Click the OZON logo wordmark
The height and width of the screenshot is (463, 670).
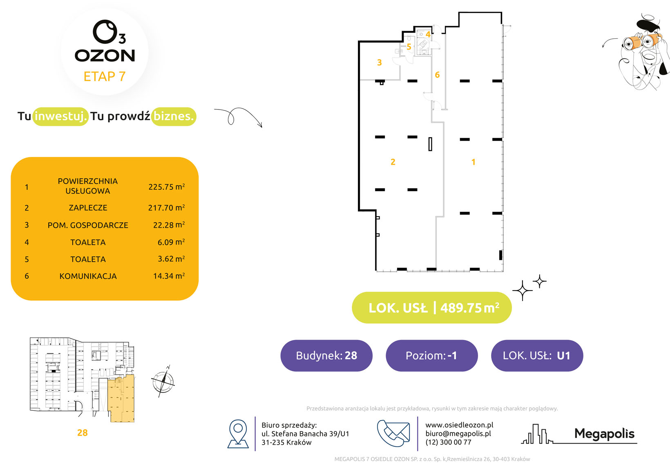click(x=105, y=56)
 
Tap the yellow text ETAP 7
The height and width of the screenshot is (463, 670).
click(x=105, y=76)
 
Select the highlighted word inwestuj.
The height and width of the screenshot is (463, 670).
click(x=60, y=116)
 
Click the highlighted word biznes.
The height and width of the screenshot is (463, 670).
click(x=174, y=116)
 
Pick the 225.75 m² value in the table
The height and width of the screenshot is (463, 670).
click(x=167, y=187)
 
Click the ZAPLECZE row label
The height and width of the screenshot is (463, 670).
click(x=88, y=208)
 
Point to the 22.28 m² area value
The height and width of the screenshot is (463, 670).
click(x=169, y=225)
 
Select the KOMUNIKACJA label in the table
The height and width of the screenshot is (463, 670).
click(x=88, y=276)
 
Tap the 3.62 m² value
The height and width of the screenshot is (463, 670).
click(x=172, y=259)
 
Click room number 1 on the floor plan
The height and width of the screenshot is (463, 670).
click(x=473, y=162)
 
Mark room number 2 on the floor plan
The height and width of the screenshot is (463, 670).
click(x=393, y=162)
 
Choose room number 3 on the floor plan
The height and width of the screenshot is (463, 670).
click(x=379, y=63)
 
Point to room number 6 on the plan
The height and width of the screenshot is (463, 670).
click(x=437, y=75)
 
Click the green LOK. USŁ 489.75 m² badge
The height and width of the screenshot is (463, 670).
click(x=431, y=307)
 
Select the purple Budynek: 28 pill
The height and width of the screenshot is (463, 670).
click(x=326, y=356)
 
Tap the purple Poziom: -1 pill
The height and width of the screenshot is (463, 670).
click(x=431, y=356)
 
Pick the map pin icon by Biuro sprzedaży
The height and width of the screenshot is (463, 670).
click(x=238, y=434)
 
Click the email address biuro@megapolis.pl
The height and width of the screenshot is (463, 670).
click(x=458, y=434)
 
